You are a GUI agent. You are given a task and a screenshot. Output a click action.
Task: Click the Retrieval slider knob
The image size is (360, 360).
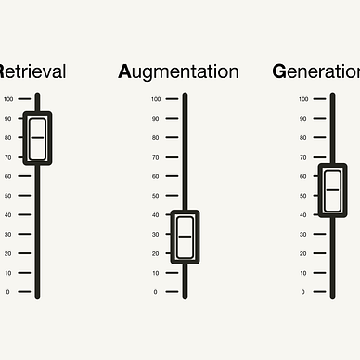[37, 137]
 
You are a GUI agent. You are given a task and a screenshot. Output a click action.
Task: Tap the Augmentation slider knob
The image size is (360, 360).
[185, 237]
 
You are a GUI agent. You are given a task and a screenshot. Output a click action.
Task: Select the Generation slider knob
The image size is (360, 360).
[332, 190]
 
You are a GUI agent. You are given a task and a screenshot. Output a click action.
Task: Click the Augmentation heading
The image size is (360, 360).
[178, 71]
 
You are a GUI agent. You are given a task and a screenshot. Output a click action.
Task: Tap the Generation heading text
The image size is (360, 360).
[316, 71]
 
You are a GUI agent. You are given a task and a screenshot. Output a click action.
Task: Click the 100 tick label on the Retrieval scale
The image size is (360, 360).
[8, 99]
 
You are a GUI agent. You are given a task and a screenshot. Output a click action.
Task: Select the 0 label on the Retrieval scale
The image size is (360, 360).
[8, 292]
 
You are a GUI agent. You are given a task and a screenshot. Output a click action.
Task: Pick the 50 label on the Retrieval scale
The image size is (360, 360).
[8, 196]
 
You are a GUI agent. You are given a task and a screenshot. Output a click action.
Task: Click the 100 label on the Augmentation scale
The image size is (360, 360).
[156, 99]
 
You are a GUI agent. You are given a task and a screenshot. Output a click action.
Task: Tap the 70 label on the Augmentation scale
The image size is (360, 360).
[156, 157]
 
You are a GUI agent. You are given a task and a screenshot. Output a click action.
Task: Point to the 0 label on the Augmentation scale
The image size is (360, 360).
[156, 292]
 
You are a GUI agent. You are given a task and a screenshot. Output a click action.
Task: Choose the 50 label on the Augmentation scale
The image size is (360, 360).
[156, 196]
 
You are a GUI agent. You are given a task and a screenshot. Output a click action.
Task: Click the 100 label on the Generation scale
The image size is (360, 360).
[303, 99]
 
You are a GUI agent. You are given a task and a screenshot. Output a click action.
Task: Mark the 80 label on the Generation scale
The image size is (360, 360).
[303, 138]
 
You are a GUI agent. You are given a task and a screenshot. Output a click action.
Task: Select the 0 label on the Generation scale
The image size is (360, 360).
[303, 292]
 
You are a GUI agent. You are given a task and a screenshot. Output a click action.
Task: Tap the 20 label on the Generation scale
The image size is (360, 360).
[303, 253]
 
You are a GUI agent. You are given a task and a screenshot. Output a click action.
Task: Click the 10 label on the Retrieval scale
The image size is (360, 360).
[8, 273]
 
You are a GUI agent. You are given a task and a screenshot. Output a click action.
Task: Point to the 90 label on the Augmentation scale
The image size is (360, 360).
[156, 119]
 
